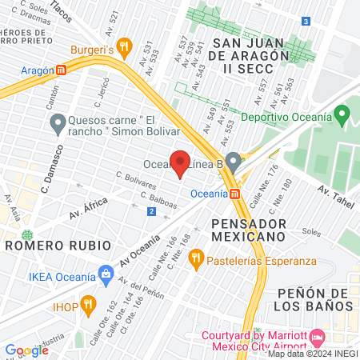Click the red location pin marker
coord(181,162)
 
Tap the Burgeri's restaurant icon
coord(123,46)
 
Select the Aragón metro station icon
coord(62,70)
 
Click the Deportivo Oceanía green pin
coord(342,118)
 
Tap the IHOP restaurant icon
coord(88,305)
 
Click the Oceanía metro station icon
coord(234,194)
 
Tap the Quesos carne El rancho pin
coord(58,124)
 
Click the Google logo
coord(26,350)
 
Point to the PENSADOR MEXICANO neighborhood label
coord(249,229)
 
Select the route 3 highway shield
coord(306,22)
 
